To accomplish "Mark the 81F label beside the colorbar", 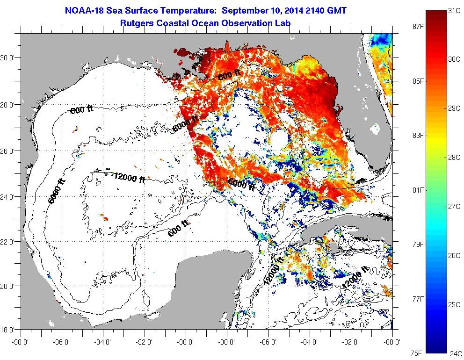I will tap(414, 190).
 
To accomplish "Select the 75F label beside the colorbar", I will tap(414, 353).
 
